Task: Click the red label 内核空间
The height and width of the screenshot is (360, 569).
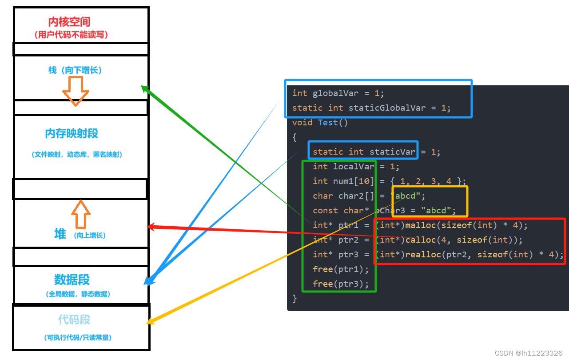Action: [x=69, y=22]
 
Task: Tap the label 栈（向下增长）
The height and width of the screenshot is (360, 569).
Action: [x=75, y=70]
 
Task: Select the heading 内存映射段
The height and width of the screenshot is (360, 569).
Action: [x=72, y=133]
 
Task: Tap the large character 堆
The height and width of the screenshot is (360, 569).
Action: [x=60, y=234]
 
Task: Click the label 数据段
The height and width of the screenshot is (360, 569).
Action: [x=72, y=280]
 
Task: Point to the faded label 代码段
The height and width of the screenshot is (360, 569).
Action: [x=74, y=320]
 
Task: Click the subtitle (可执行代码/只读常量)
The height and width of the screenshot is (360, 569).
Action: [x=78, y=338]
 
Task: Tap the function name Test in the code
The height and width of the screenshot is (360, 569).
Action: [x=328, y=123]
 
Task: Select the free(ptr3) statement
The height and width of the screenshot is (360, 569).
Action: [x=341, y=284]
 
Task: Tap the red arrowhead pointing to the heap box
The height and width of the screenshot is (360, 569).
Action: [x=151, y=227]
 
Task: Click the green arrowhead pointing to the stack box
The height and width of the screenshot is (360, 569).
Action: [x=144, y=88]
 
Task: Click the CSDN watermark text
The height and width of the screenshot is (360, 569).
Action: [x=528, y=353]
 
